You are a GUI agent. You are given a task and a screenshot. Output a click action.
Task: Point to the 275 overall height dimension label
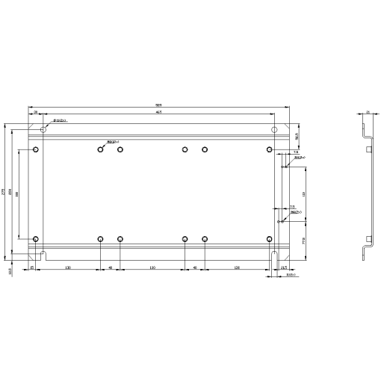point(3,192)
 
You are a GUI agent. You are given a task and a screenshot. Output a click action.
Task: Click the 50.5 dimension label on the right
point(297,137)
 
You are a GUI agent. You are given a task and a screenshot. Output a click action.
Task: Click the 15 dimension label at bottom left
point(32,267)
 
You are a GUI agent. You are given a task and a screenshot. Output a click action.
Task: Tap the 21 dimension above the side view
point(368,112)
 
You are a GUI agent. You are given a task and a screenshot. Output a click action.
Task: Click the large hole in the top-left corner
point(43,129)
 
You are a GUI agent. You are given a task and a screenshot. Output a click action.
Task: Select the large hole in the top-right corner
point(274,129)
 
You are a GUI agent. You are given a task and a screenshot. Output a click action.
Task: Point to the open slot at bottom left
point(44,256)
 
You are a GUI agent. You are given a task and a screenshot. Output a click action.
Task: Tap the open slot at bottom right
point(274,256)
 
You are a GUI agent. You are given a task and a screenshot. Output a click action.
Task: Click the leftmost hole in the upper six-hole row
point(35,149)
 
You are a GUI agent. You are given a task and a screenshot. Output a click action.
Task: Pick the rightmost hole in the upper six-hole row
point(269,149)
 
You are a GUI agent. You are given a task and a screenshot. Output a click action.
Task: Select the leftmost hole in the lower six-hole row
point(35,239)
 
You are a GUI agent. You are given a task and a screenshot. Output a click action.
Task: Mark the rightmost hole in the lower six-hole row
point(269,239)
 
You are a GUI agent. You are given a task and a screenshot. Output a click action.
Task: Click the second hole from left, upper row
point(100,149)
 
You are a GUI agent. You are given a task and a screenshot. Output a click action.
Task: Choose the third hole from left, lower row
point(120,239)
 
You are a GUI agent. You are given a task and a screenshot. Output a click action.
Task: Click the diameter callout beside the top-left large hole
point(61,120)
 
